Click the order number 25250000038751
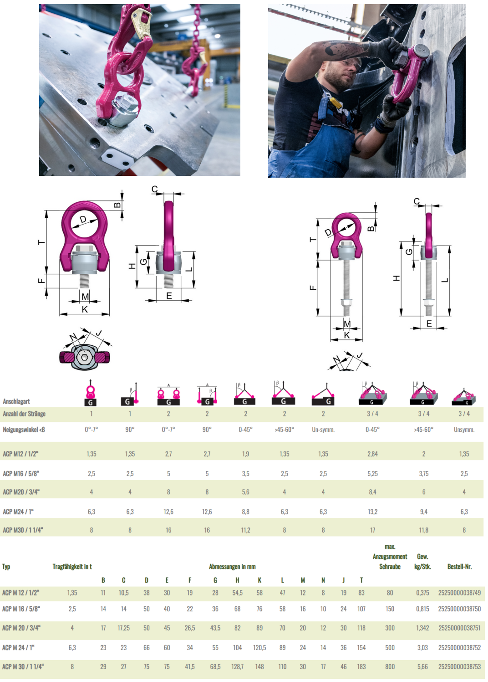459,628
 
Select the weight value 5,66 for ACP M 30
422,667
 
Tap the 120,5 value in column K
259,647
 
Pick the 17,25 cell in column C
123,628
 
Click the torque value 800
390,667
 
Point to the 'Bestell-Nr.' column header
459,567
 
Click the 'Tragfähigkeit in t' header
72,567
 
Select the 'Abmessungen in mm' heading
232,567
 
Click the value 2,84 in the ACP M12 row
372,454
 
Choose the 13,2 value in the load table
372,512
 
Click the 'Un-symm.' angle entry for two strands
323,430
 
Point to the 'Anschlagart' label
16,401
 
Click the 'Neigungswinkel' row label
24,430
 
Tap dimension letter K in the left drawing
85,309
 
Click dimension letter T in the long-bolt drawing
313,239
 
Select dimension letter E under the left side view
169,296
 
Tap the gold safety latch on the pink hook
142,23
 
